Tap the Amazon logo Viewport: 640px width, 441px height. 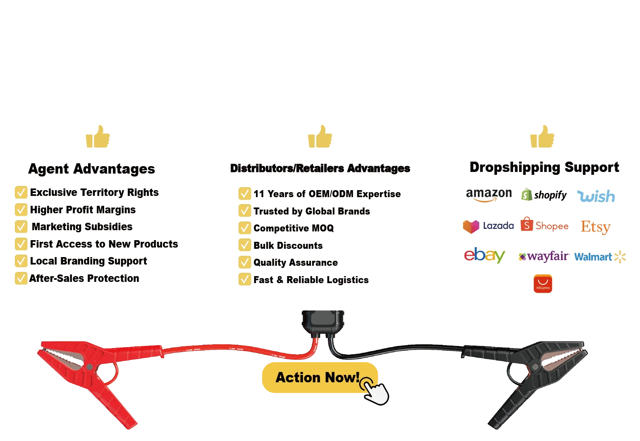tap(488, 195)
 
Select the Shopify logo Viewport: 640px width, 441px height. tap(544, 195)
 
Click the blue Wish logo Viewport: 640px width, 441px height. tap(596, 196)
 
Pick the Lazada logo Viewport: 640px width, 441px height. tap(488, 226)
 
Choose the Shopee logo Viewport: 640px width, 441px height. tap(544, 225)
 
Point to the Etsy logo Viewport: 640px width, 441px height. tap(595, 227)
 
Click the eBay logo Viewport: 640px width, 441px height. tap(484, 255)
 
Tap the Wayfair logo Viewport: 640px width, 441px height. tap(544, 257)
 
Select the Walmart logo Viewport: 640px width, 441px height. tap(599, 257)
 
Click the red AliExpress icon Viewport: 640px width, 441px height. tap(543, 284)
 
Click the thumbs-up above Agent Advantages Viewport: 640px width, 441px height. tap(98, 137)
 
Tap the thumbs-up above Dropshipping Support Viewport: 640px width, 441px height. tap(542, 137)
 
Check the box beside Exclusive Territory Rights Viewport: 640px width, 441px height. tap(21, 193)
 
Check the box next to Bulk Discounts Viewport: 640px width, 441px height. tap(245, 246)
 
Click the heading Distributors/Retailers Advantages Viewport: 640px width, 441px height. tap(320, 168)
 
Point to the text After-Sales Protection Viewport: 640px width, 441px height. tap(84, 279)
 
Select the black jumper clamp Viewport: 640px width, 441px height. tap(537, 372)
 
